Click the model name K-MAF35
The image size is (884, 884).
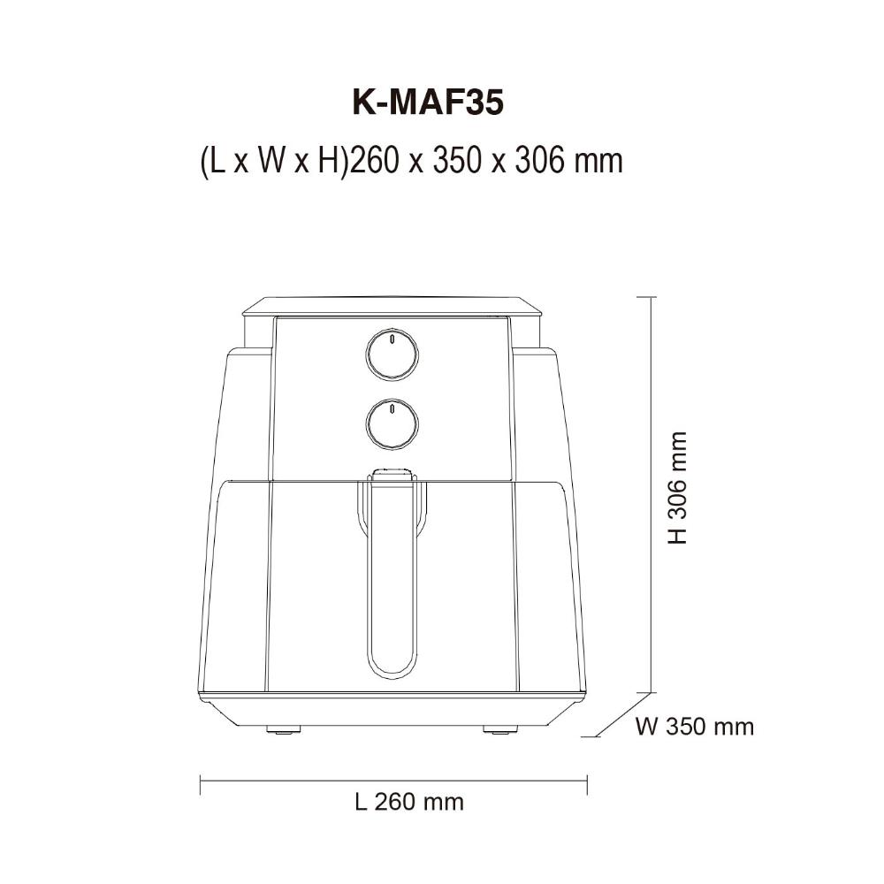click(427, 103)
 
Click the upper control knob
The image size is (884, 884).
click(392, 355)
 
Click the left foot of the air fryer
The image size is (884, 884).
click(283, 729)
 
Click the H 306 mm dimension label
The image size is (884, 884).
click(678, 488)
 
